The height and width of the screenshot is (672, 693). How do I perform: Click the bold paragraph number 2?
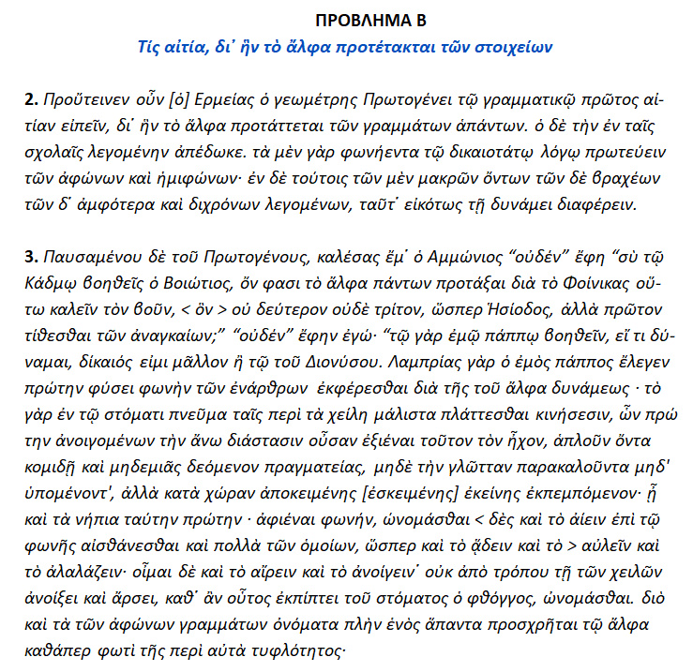[x=31, y=97]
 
